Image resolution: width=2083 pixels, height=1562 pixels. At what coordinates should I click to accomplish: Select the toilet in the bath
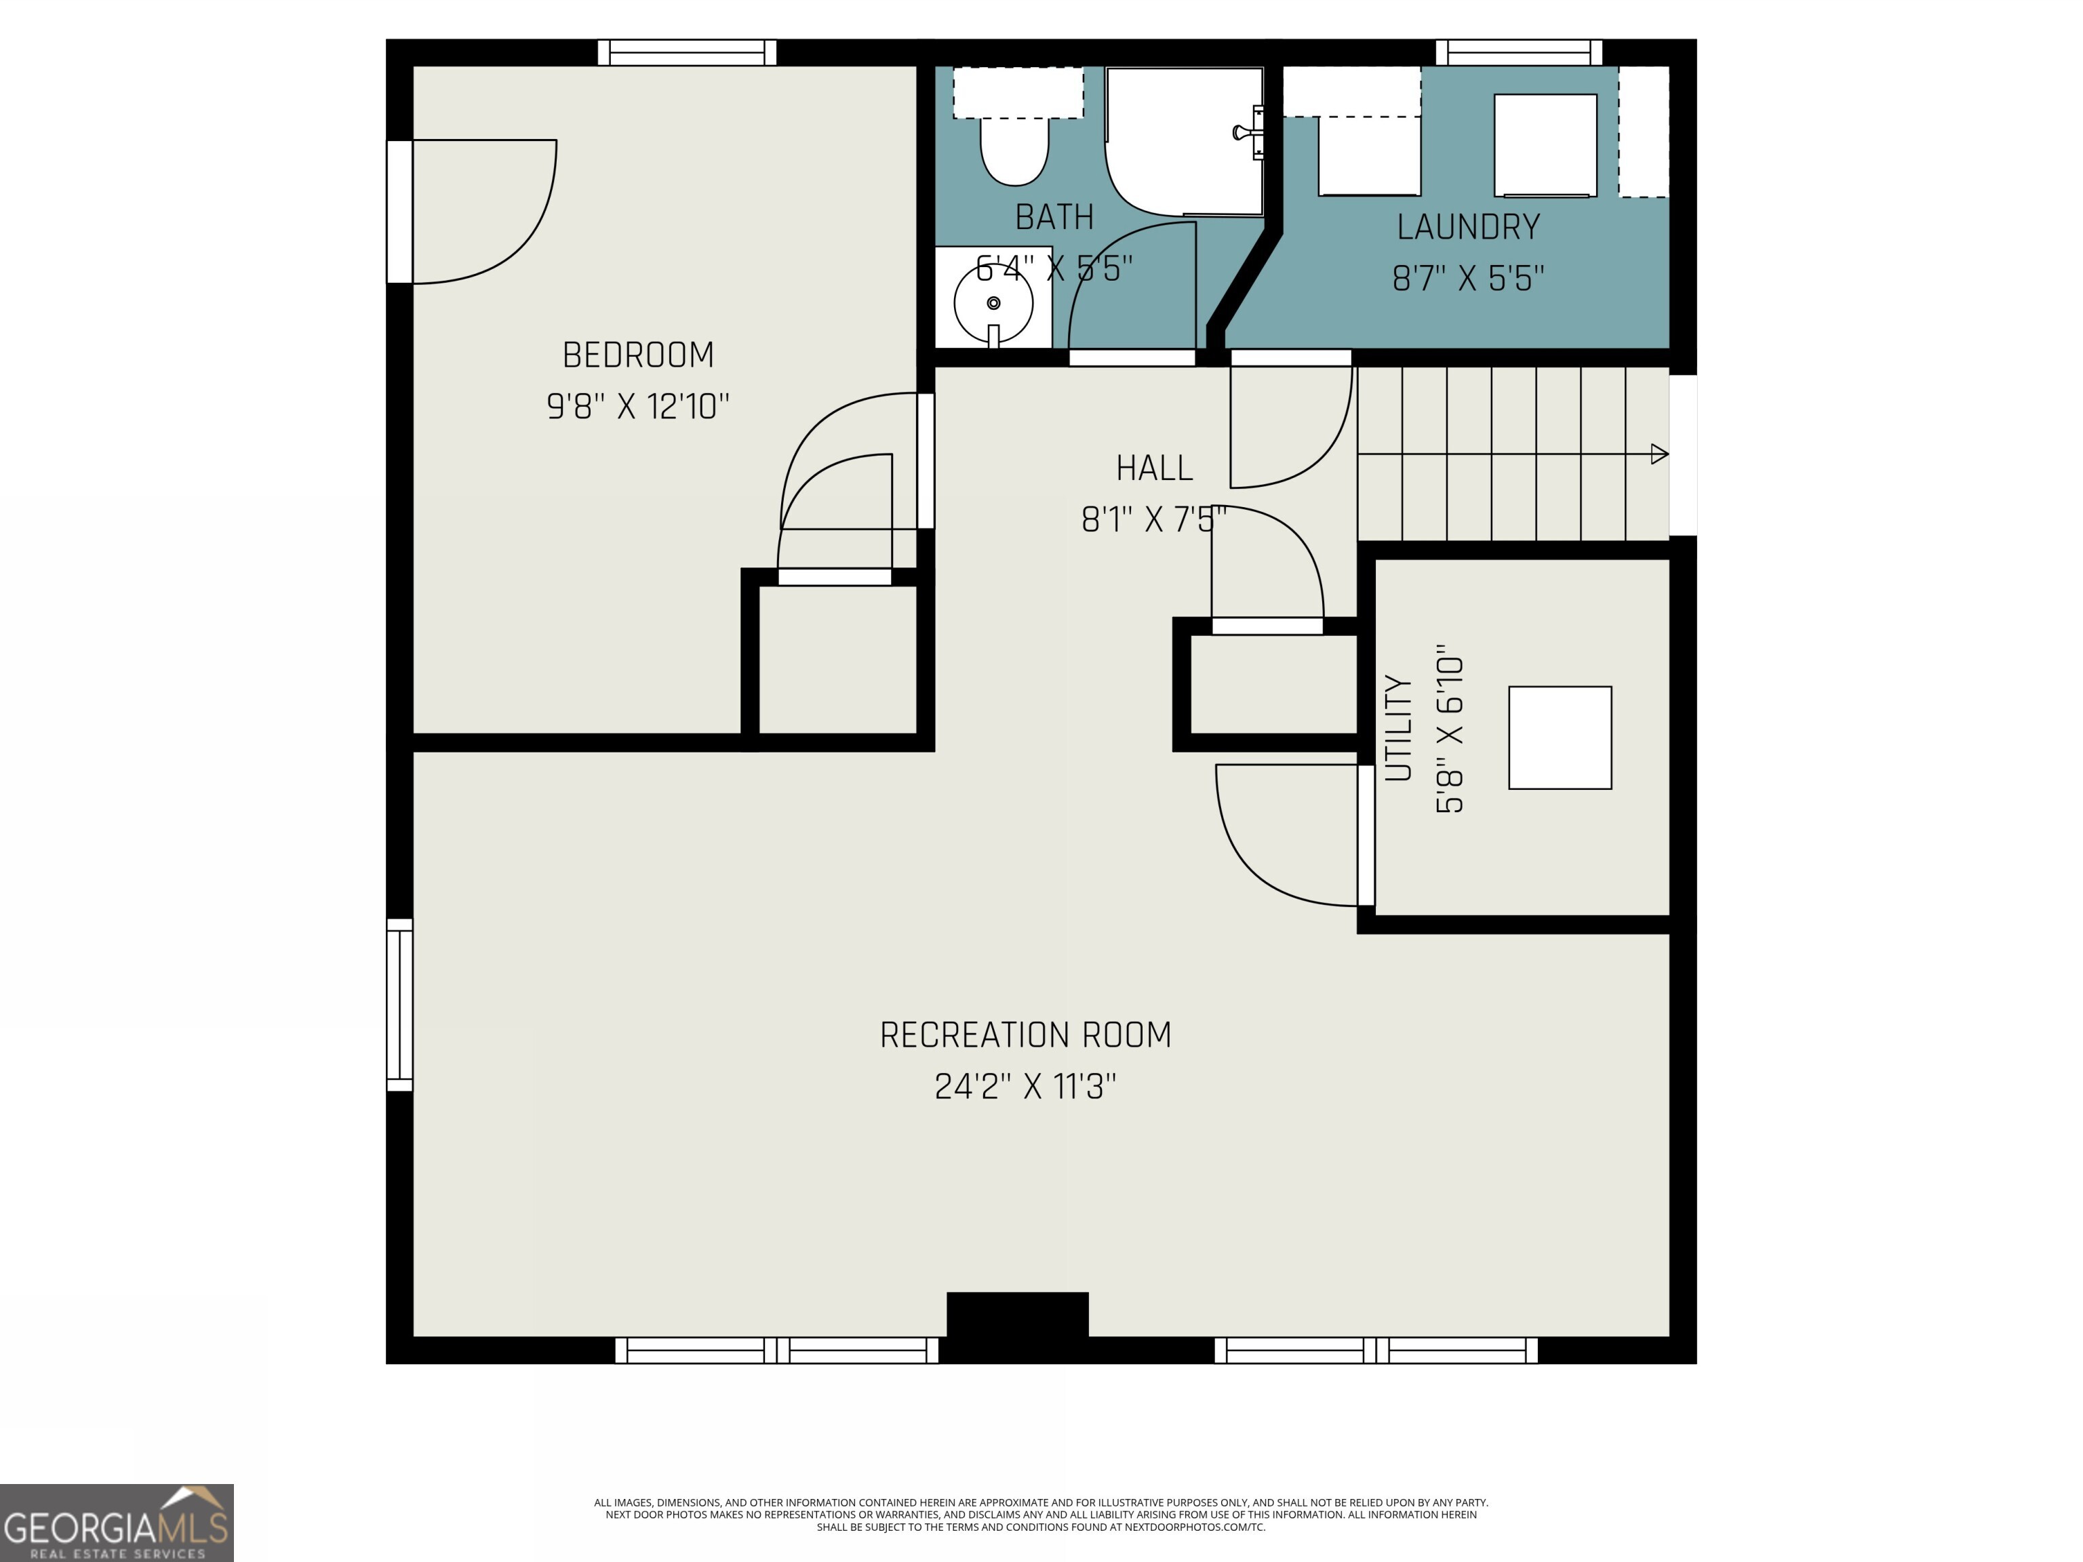point(1014,151)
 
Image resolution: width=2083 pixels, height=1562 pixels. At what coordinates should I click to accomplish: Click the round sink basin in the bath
point(993,303)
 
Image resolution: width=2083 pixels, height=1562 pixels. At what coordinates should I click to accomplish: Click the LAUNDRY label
point(1468,227)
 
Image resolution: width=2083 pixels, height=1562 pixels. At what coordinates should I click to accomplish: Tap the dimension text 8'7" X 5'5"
point(1468,279)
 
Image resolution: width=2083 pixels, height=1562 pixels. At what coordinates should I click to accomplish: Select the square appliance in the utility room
point(1560,738)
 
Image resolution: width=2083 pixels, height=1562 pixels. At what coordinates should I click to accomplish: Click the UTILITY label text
point(1398,728)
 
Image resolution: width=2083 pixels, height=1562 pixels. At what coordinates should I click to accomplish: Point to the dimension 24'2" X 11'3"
point(1025,1087)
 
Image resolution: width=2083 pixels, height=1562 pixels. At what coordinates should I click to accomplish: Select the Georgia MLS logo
point(117,1523)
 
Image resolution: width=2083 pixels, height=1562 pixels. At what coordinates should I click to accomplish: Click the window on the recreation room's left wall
point(400,1005)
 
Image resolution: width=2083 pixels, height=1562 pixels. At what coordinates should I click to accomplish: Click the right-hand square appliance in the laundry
point(1545,145)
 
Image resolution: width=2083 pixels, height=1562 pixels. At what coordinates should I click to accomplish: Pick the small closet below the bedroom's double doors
point(837,659)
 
